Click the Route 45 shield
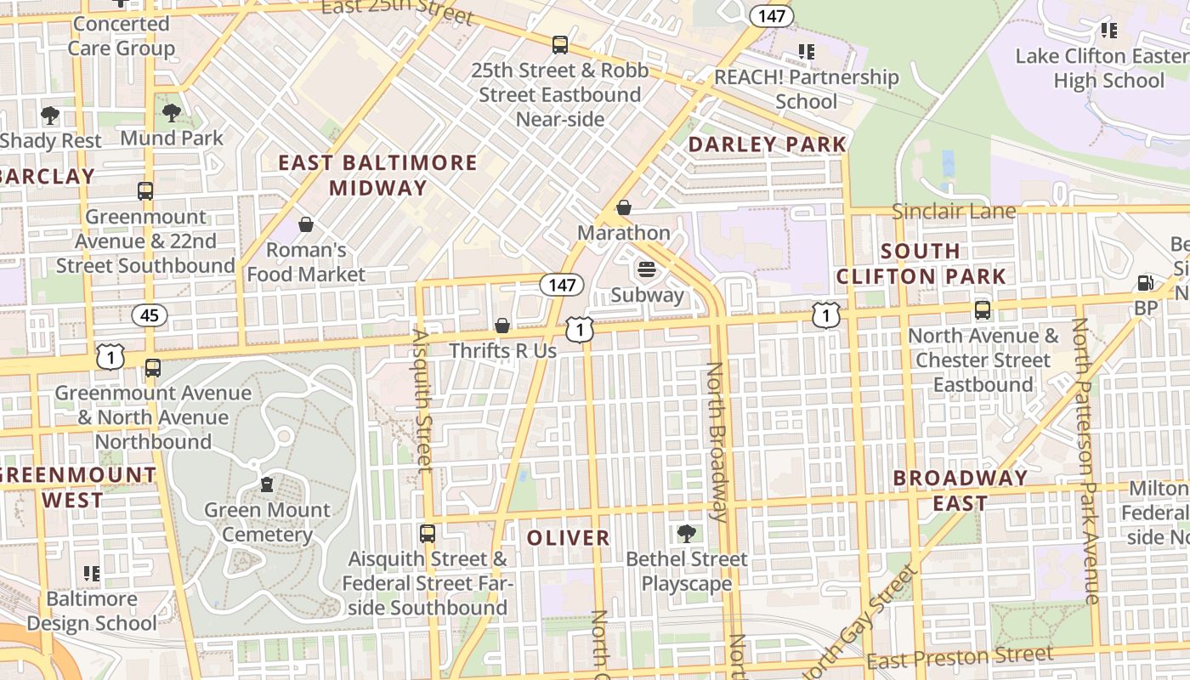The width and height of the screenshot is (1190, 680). (150, 315)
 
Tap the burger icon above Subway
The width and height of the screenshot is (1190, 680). (647, 269)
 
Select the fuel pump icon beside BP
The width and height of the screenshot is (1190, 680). (1146, 283)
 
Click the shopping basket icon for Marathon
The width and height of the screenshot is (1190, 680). (624, 207)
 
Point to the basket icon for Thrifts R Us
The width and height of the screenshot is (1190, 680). (502, 326)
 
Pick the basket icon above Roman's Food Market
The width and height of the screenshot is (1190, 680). (305, 224)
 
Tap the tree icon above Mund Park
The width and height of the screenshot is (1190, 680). (172, 112)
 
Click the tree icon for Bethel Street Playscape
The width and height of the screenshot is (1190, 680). (686, 534)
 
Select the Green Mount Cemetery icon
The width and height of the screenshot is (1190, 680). (267, 484)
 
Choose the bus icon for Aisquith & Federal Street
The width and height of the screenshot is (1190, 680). (428, 534)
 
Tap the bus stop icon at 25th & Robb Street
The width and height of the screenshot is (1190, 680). (559, 45)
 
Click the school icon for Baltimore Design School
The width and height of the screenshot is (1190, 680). (92, 574)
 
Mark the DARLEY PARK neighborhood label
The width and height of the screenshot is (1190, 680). (768, 144)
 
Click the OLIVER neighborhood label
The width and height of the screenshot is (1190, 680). (568, 538)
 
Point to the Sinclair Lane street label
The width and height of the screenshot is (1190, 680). (954, 211)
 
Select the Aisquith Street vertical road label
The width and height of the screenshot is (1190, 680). (422, 399)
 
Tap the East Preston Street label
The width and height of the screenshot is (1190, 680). (960, 657)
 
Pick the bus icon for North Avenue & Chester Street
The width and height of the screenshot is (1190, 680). (983, 310)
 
